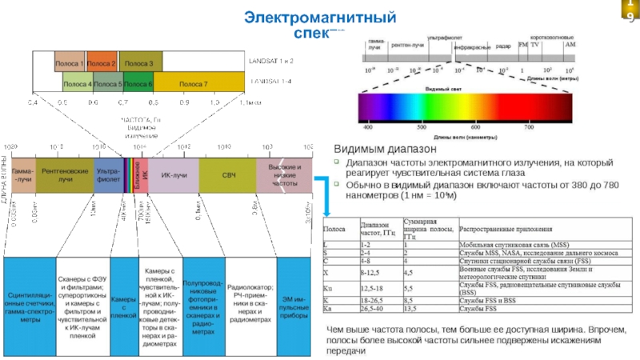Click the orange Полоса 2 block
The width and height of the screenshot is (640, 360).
coord(102,62)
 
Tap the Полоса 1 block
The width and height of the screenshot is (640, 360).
coord(70,62)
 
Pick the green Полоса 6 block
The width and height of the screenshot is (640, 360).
coord(138,83)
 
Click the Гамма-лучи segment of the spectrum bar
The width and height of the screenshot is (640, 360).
coord(24,174)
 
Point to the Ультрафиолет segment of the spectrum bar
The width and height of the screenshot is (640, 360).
coord(108,174)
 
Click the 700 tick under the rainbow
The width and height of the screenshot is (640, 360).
coord(528,126)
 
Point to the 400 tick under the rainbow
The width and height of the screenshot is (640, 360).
coord(368,126)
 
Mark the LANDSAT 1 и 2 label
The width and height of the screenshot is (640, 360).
coord(271,62)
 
